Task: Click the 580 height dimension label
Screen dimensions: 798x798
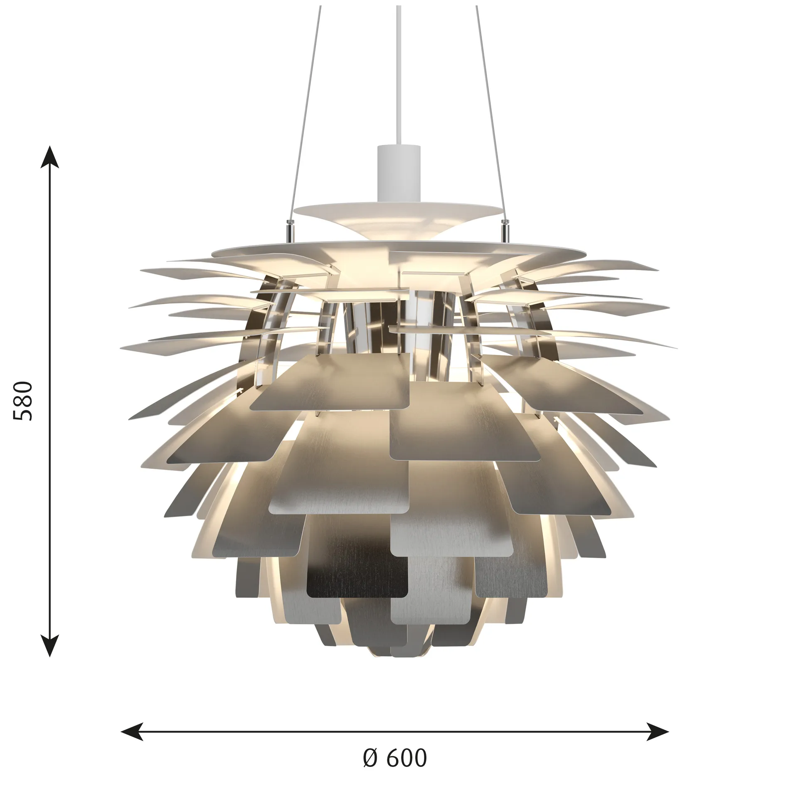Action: [x=23, y=401]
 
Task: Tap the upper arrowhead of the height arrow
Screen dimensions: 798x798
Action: [x=50, y=158]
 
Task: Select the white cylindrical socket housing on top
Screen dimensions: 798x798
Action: [x=399, y=170]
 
